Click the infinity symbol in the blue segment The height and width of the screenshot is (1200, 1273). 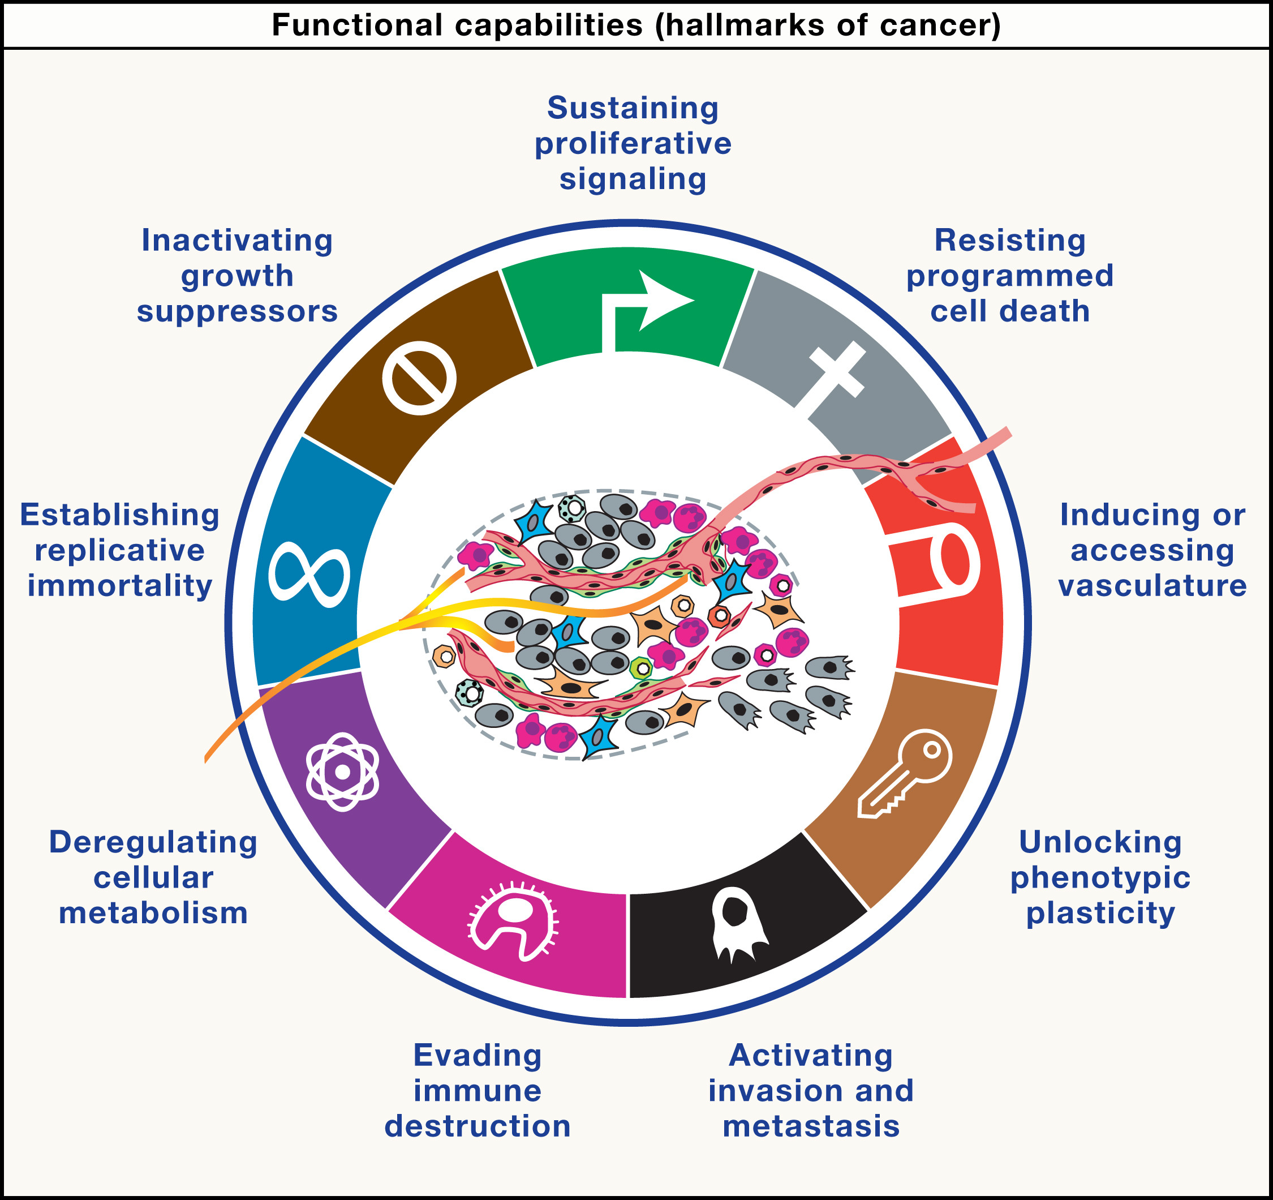pyautogui.click(x=309, y=575)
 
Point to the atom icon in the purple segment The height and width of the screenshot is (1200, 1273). pyautogui.click(x=343, y=772)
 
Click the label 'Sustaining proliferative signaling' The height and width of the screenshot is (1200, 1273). pyautogui.click(x=633, y=144)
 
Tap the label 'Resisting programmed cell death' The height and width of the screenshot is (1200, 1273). pyautogui.click(x=1010, y=276)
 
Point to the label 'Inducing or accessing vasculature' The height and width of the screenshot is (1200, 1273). pyautogui.click(x=1152, y=550)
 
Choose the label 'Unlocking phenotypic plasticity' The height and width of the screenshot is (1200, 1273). pyautogui.click(x=1100, y=877)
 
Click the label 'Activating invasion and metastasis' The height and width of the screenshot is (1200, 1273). pyautogui.click(x=811, y=1090)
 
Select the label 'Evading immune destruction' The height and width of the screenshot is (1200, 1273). pyautogui.click(x=477, y=1090)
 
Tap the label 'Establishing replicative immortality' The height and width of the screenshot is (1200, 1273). pyautogui.click(x=119, y=550)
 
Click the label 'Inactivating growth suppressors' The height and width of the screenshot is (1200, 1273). pyautogui.click(x=237, y=276)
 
